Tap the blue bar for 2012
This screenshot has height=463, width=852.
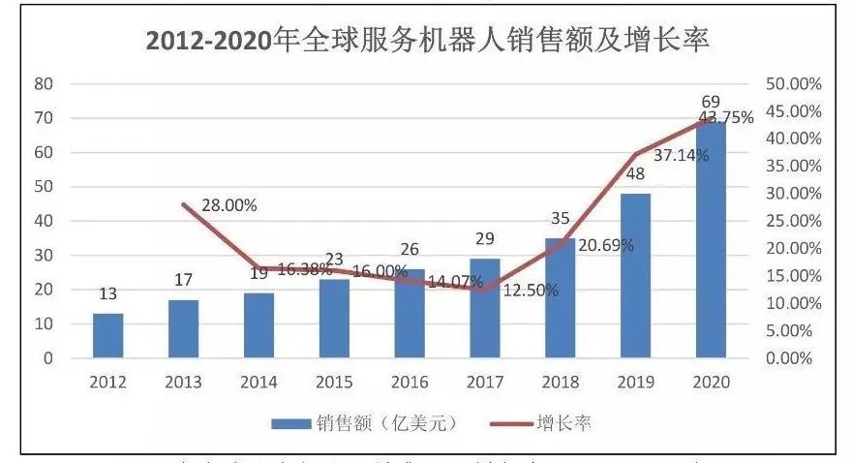click(x=108, y=336)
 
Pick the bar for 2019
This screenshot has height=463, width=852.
click(x=636, y=276)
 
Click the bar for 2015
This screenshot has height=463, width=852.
click(x=334, y=319)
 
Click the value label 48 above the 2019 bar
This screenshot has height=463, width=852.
click(x=636, y=175)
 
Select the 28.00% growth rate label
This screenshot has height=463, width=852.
click(x=229, y=205)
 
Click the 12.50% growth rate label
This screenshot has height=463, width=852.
click(x=531, y=291)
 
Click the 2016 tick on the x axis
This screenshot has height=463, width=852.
click(x=410, y=382)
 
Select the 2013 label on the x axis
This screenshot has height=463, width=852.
click(x=184, y=382)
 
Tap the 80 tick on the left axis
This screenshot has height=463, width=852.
click(x=43, y=83)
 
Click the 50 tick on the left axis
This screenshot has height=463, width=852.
click(x=43, y=187)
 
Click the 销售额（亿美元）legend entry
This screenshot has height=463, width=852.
click(x=363, y=423)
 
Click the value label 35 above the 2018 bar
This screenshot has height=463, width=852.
click(x=561, y=220)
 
